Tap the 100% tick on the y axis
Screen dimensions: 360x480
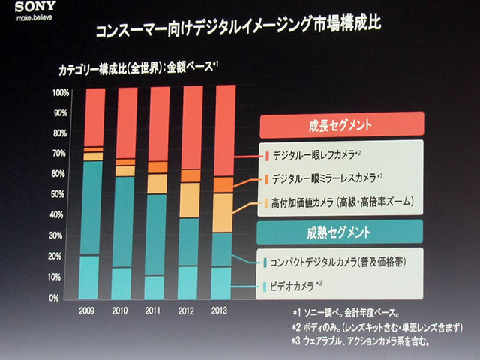pos(60,93)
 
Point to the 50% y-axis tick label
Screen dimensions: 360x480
pos(60,194)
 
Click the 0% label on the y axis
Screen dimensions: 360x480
pos(63,298)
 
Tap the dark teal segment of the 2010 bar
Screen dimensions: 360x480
pos(124,221)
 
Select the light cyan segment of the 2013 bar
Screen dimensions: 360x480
pos(223,281)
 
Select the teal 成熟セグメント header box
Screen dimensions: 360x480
pos(342,230)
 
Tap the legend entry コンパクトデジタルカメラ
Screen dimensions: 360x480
pos(337,262)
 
